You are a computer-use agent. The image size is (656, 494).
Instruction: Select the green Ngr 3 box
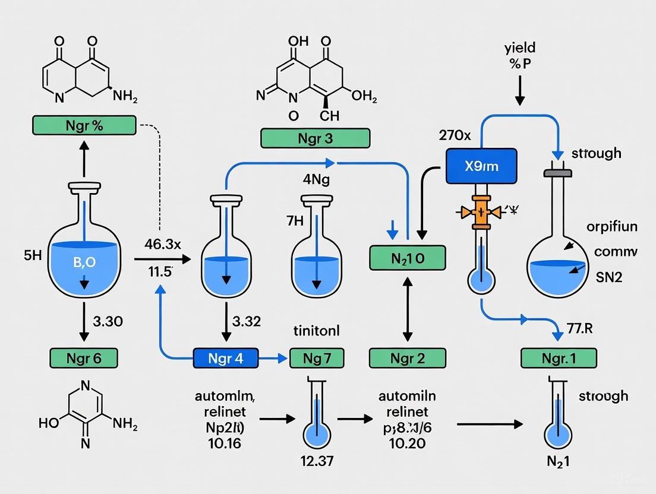tap(315, 138)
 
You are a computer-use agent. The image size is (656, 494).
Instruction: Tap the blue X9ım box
tap(481, 166)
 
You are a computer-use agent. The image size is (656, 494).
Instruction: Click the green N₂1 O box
tap(407, 258)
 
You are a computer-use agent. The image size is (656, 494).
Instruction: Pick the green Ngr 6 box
tap(83, 357)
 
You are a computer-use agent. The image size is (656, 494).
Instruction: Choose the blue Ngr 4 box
tap(226, 357)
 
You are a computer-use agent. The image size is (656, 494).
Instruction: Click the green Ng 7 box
tap(316, 357)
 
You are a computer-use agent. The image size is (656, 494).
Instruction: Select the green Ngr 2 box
tap(407, 357)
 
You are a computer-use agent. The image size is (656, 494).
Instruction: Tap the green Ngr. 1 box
tap(559, 357)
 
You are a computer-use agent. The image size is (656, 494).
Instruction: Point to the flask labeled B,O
tap(83, 261)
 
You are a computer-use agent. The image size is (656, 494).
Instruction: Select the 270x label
tap(455, 135)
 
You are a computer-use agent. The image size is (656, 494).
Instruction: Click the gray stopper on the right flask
tap(557, 173)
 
